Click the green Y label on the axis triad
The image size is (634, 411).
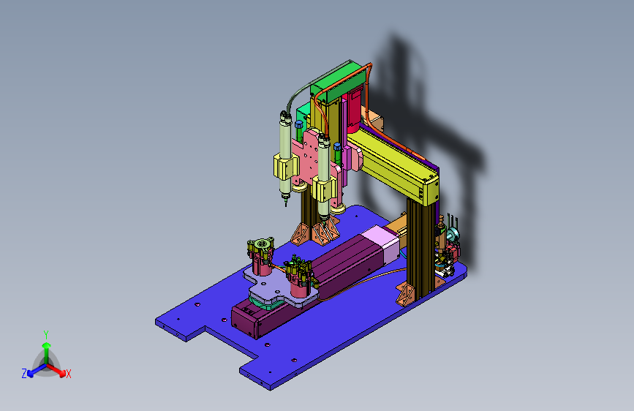coord(46,335)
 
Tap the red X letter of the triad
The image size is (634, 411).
coord(68,374)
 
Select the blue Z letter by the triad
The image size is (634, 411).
coord(24,374)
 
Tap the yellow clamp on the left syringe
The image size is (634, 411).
coord(285,167)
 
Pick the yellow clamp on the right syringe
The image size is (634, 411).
coord(324,189)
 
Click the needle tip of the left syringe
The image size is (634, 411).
coord(286,204)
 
